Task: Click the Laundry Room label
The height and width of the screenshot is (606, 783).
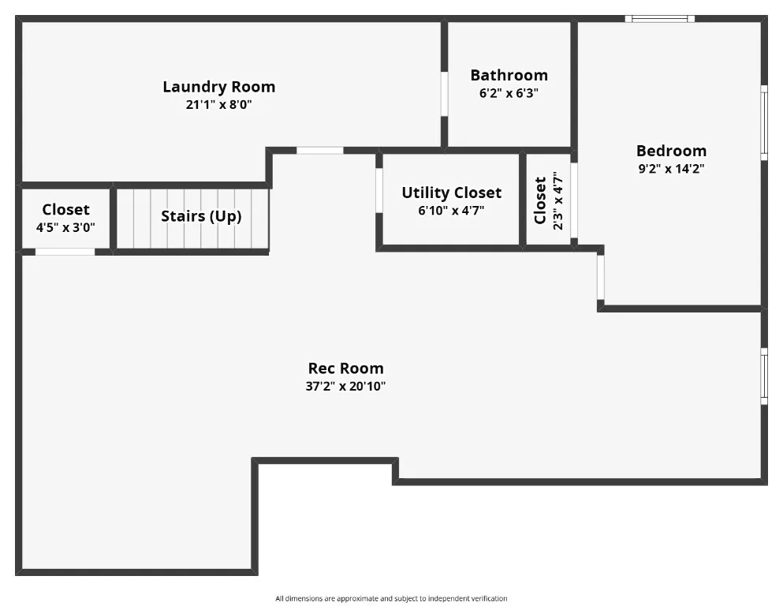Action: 218,87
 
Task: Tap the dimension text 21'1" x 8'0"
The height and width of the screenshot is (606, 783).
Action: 218,104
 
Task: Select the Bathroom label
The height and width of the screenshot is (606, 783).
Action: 509,76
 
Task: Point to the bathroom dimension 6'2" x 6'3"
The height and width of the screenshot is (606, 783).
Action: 509,92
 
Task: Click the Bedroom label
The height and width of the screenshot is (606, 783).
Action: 671,151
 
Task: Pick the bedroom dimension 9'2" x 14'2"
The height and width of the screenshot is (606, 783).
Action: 671,168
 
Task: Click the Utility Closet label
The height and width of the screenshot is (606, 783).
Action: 451,193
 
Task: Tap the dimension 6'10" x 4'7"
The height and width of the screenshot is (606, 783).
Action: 451,211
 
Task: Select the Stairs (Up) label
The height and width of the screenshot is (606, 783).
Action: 201,216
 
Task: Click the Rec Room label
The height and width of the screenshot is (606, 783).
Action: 345,368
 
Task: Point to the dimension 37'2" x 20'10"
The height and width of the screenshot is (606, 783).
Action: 345,387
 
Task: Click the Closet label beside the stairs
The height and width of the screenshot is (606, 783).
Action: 65,210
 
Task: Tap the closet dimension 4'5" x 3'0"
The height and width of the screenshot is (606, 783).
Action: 65,226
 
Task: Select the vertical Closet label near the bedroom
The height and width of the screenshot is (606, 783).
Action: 540,200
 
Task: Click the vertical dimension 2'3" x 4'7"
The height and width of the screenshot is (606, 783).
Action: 558,200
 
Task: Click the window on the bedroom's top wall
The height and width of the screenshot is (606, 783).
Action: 660,18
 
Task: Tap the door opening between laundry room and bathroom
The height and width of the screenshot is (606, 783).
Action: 444,94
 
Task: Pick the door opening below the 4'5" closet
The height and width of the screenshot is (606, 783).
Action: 65,252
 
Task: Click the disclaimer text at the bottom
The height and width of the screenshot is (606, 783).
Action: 391,599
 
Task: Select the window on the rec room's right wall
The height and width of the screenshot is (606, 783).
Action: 763,376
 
